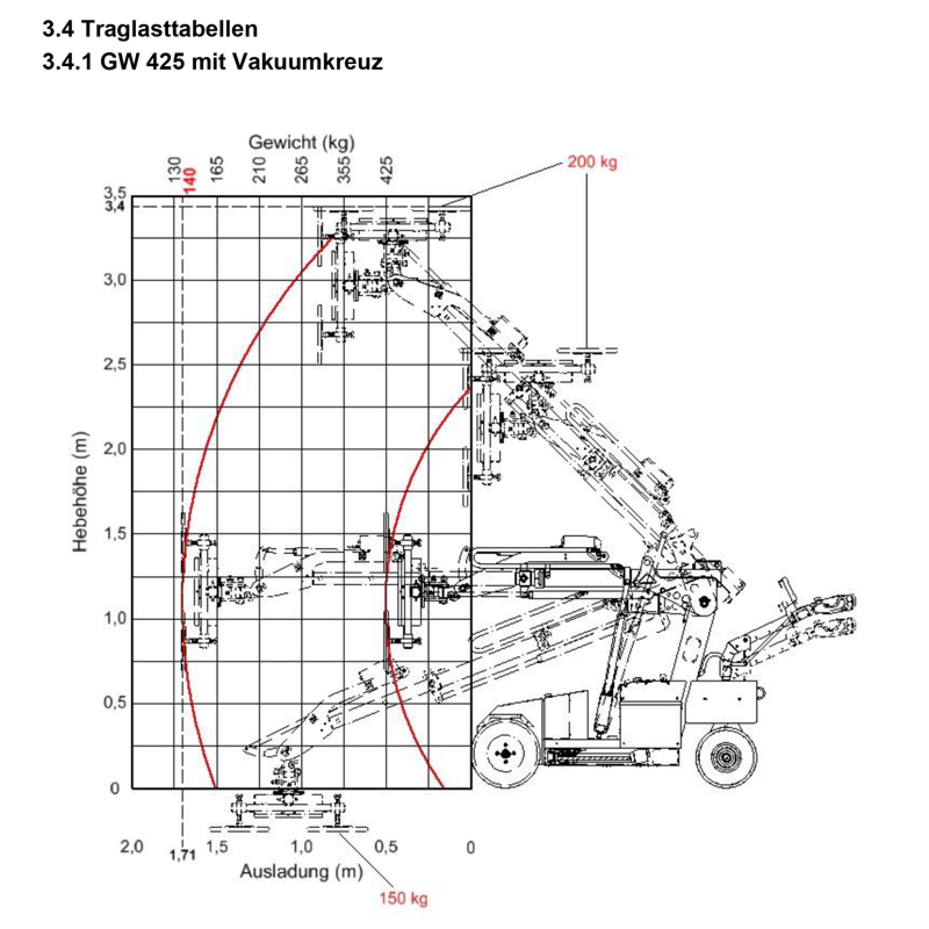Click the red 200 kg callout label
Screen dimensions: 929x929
(x=592, y=161)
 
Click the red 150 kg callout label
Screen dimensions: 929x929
(x=404, y=898)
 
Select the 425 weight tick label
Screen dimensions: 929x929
(x=387, y=170)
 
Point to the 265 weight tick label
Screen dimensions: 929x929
(x=302, y=170)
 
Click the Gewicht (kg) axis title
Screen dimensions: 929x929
(x=301, y=142)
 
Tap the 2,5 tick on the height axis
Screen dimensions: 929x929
(x=114, y=365)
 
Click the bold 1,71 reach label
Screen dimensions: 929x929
(x=182, y=854)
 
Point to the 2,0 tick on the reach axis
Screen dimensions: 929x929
(x=131, y=847)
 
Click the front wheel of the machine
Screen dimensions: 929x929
(x=504, y=754)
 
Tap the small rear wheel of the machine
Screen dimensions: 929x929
(x=726, y=757)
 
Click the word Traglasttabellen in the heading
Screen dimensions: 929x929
(x=169, y=29)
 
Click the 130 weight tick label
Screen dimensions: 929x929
(x=175, y=170)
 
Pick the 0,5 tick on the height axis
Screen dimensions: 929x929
(x=114, y=703)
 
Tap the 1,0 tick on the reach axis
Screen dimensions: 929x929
(x=301, y=847)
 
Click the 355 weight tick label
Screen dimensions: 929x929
(x=344, y=170)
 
